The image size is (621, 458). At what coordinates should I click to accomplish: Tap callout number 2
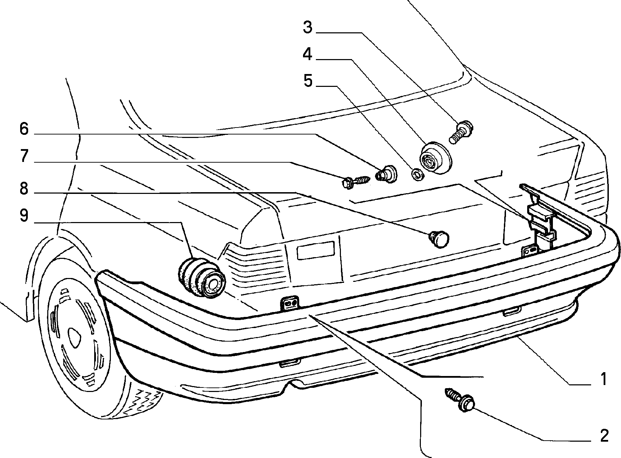tap(604, 436)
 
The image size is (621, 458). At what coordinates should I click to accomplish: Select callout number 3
tap(308, 27)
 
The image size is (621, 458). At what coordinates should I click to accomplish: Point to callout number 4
tap(307, 54)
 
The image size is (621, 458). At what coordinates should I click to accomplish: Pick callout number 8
tap(24, 189)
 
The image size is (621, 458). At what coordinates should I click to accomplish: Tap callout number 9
tap(24, 215)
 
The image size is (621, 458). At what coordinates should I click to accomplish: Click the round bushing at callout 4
tap(435, 158)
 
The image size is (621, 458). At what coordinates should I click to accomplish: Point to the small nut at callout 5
tap(416, 174)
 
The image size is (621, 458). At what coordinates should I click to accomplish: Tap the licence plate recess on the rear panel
tap(316, 250)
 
